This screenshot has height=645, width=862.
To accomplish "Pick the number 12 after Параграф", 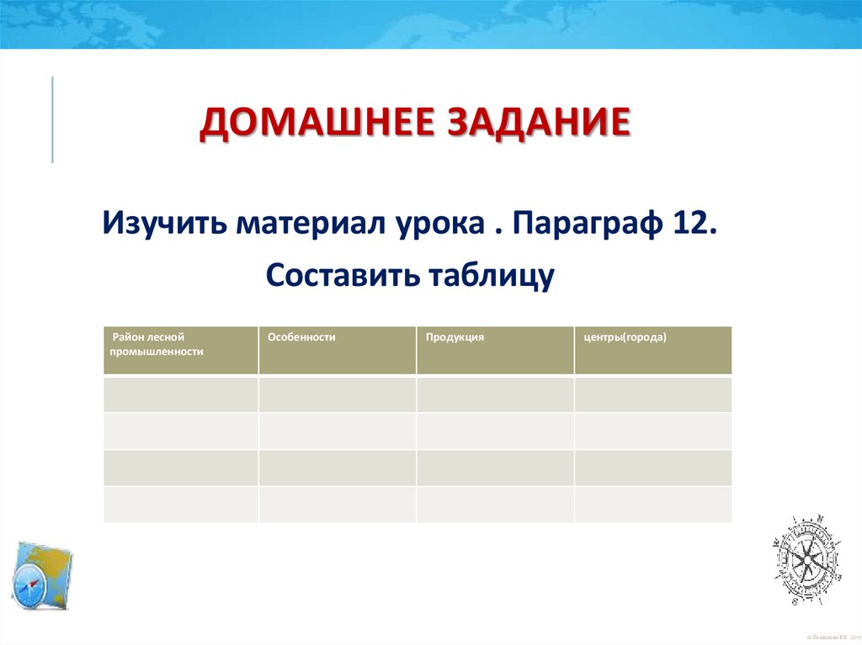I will click(x=694, y=225).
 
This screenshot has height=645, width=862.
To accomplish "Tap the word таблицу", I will click(x=491, y=276).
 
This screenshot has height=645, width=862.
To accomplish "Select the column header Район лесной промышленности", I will click(x=157, y=344).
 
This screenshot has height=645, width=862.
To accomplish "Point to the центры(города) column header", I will click(x=625, y=336).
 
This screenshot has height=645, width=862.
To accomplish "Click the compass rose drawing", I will click(x=805, y=558).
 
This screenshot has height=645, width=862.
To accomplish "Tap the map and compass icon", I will click(x=42, y=577).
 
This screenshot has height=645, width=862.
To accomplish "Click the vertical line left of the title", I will click(x=52, y=119).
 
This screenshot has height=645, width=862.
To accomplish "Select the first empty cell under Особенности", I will click(x=337, y=394).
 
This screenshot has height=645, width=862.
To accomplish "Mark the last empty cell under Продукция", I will click(x=495, y=505).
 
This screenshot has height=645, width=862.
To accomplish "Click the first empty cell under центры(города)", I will click(x=653, y=394).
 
